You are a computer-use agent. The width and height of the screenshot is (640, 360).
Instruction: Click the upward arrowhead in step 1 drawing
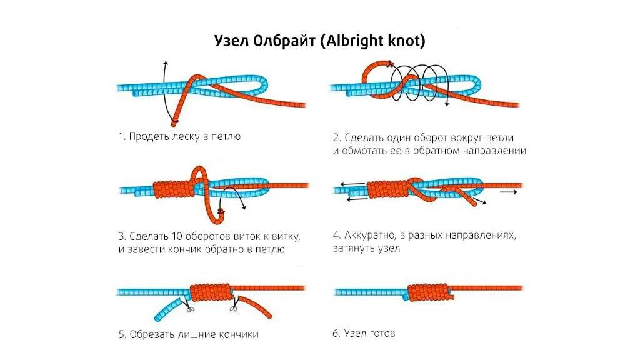(x=164, y=64)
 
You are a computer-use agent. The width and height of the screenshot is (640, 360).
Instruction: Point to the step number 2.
(x=336, y=137)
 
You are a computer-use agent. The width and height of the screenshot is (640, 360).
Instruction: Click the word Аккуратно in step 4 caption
(x=371, y=236)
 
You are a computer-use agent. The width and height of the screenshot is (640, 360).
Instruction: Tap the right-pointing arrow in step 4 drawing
(x=509, y=192)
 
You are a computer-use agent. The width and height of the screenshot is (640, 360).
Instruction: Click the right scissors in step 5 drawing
(x=233, y=306)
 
